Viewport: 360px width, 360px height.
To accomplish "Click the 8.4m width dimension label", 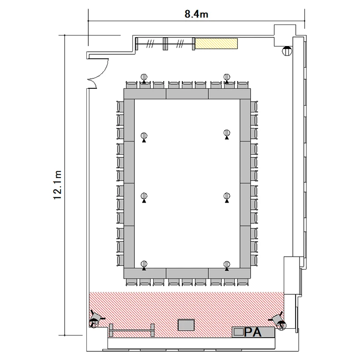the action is click(x=196, y=14).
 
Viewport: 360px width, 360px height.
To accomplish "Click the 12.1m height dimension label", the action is click(x=58, y=185).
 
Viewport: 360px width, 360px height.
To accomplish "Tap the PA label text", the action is click(x=253, y=332).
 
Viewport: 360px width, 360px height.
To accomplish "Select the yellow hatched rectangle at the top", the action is click(x=216, y=43).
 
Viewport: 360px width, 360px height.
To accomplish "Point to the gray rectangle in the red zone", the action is click(x=186, y=325).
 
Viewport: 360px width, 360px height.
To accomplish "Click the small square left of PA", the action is click(x=239, y=332).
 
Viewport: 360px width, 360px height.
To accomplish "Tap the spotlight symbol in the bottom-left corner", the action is click(x=96, y=319).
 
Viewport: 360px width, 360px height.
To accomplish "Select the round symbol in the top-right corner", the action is click(x=287, y=51).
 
